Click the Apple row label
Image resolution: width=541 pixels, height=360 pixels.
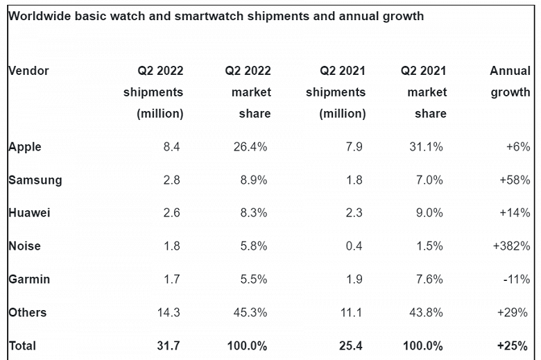coord(25,147)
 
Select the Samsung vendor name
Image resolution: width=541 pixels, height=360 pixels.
coord(35,180)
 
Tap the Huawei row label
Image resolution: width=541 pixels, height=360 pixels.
coord(29,213)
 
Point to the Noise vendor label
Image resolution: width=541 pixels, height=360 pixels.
coord(24,246)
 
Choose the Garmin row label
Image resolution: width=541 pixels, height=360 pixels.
coord(29,280)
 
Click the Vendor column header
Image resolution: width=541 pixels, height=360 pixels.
coord(28,71)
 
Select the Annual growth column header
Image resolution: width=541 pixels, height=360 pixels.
coord(510,81)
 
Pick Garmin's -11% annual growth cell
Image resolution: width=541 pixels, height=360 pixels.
coord(517,280)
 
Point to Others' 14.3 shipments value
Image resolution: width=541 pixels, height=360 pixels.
coord(169,313)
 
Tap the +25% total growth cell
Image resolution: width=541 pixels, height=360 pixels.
coord(514,345)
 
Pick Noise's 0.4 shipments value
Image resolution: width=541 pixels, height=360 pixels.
coord(354,246)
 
